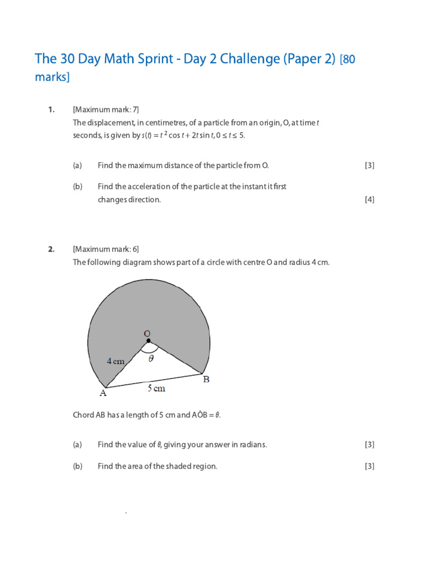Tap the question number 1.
(x=51, y=110)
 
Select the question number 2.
(x=51, y=249)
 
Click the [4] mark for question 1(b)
(x=369, y=200)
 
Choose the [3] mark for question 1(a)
(x=369, y=165)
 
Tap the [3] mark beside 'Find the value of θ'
(x=369, y=444)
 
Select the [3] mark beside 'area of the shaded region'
(x=369, y=467)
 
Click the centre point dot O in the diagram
(x=148, y=341)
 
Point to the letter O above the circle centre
(x=147, y=333)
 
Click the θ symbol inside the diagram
(x=151, y=357)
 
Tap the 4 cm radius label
(x=116, y=361)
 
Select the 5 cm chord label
(x=156, y=388)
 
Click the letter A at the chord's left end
(x=102, y=393)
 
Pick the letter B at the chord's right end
(x=207, y=379)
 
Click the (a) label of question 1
(x=77, y=165)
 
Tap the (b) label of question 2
(x=77, y=467)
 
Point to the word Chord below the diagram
(x=84, y=415)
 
